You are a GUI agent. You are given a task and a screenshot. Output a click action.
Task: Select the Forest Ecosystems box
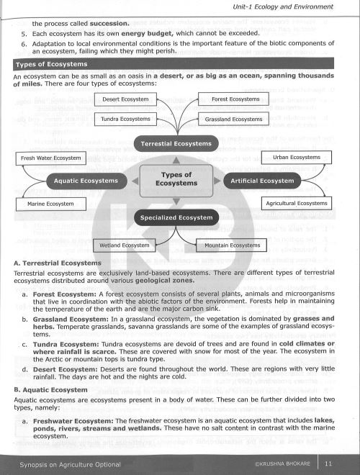pyautogui.click(x=235, y=99)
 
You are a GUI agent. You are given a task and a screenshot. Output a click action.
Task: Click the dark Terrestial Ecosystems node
pyautogui.click(x=176, y=143)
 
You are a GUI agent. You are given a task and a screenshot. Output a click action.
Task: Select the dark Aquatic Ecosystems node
pyautogui.click(x=86, y=181)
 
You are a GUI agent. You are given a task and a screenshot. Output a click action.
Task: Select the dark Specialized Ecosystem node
pyautogui.click(x=176, y=217)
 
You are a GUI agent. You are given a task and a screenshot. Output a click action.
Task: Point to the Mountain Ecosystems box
pyautogui.click(x=232, y=245)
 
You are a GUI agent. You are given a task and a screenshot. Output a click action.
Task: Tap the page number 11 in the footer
pyautogui.click(x=328, y=463)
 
